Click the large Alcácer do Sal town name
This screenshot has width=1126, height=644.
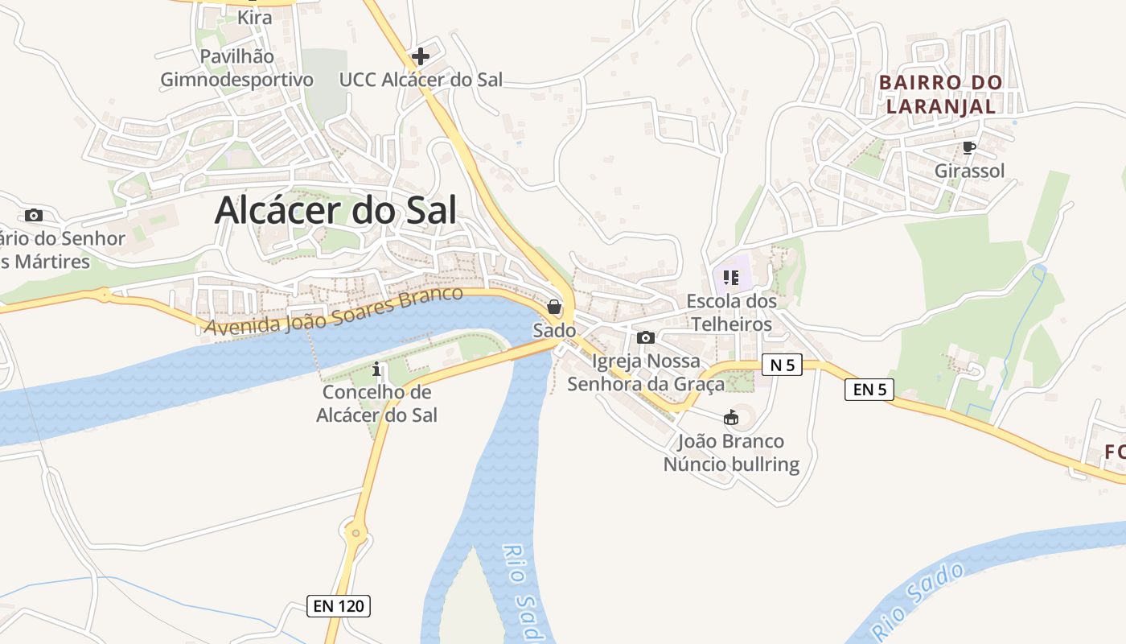tap(335, 211)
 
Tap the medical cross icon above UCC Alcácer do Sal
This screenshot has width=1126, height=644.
tap(420, 56)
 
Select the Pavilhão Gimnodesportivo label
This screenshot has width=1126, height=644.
tap(236, 68)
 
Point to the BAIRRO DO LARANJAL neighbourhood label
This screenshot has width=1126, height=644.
tap(940, 93)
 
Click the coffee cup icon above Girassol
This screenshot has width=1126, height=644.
tap(969, 148)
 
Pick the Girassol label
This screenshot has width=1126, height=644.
tap(969, 171)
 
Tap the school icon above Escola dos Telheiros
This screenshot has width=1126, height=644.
tap(730, 279)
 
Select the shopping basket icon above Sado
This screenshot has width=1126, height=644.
tap(554, 307)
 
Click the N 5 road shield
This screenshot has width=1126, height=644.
tap(782, 365)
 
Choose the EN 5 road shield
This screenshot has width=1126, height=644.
tap(869, 390)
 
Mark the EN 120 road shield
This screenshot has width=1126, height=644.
tap(339, 606)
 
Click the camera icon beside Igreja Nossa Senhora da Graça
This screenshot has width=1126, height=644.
tap(645, 338)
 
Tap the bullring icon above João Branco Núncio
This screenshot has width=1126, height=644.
tap(730, 418)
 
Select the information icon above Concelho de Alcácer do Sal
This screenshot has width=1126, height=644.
tap(376, 370)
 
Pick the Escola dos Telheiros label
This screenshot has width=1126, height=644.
tap(731, 312)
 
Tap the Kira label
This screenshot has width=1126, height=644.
tap(254, 17)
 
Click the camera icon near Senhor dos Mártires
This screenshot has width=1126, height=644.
tap(34, 215)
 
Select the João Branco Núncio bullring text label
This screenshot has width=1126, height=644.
tap(731, 453)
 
